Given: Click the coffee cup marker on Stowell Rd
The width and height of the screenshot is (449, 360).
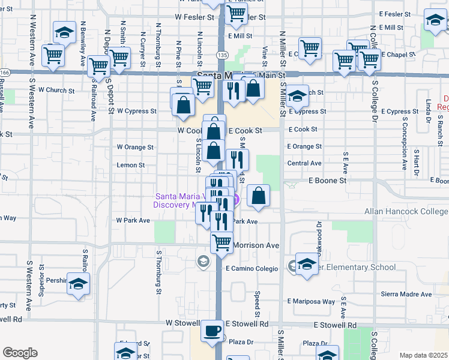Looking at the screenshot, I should [212, 331].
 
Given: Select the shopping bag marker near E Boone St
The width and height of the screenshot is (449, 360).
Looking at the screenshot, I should [258, 196].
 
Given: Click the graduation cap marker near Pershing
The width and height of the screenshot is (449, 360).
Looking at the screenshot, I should [77, 284].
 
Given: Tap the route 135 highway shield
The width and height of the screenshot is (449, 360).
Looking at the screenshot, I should [223, 55].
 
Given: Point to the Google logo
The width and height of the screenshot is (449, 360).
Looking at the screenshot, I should [20, 353].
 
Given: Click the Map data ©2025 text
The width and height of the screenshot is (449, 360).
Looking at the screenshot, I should [424, 355].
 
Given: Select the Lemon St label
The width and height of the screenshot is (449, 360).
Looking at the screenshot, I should [130, 165].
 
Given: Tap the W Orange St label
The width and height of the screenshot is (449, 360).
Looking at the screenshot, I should [135, 146].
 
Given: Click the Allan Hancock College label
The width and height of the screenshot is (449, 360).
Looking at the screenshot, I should [406, 211].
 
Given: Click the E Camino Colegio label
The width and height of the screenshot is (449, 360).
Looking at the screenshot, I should [252, 269].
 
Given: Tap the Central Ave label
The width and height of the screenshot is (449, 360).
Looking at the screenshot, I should [304, 163].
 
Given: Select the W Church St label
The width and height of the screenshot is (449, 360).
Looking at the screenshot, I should [56, 91].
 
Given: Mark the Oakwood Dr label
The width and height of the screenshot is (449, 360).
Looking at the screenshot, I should [319, 234].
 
